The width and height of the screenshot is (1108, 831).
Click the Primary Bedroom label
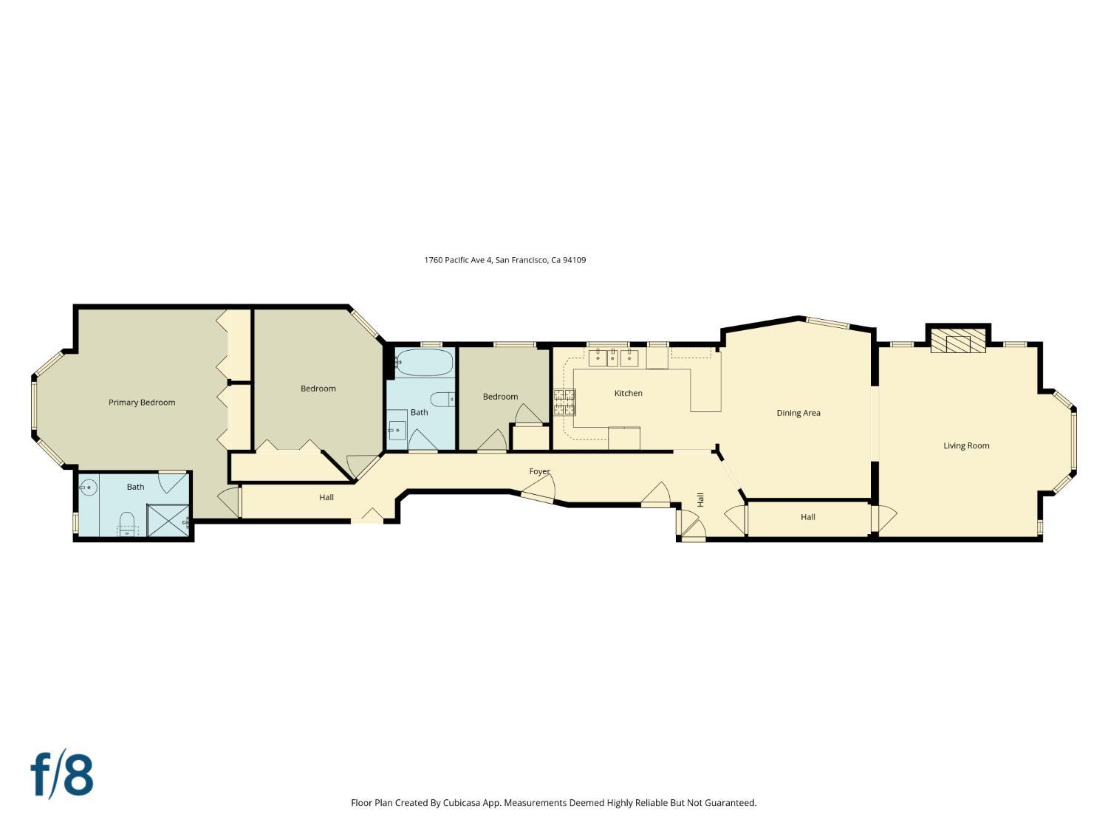pyautogui.click(x=142, y=403)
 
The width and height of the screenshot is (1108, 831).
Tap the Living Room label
pyautogui.click(x=966, y=445)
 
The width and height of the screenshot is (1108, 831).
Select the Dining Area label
pyautogui.click(x=798, y=413)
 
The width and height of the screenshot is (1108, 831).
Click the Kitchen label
pyautogui.click(x=629, y=393)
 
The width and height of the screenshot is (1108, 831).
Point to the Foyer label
pyautogui.click(x=539, y=471)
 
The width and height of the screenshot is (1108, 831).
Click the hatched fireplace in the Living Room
pyautogui.click(x=958, y=341)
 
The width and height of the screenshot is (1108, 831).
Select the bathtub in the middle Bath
pyautogui.click(x=425, y=363)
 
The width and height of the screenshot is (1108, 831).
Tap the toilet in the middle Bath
pyautogui.click(x=442, y=400)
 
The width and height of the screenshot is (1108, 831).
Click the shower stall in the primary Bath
pyautogui.click(x=168, y=520)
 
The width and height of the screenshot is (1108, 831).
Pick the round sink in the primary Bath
pyautogui.click(x=89, y=488)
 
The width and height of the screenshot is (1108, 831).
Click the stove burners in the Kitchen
pyautogui.click(x=564, y=403)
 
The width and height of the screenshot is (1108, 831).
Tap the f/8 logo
pyautogui.click(x=62, y=774)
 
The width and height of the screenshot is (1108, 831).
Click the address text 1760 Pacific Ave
pyautogui.click(x=458, y=260)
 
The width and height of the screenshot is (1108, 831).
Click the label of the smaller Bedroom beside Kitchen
pyautogui.click(x=500, y=397)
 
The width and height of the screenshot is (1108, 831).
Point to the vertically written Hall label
pyautogui.click(x=700, y=499)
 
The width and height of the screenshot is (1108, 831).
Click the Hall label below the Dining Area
pyautogui.click(x=807, y=517)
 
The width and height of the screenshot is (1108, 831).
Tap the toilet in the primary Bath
pyautogui.click(x=127, y=521)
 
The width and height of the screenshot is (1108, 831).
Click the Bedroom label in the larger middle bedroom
pyautogui.click(x=318, y=389)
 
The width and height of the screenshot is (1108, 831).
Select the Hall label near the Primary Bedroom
pyautogui.click(x=326, y=497)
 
